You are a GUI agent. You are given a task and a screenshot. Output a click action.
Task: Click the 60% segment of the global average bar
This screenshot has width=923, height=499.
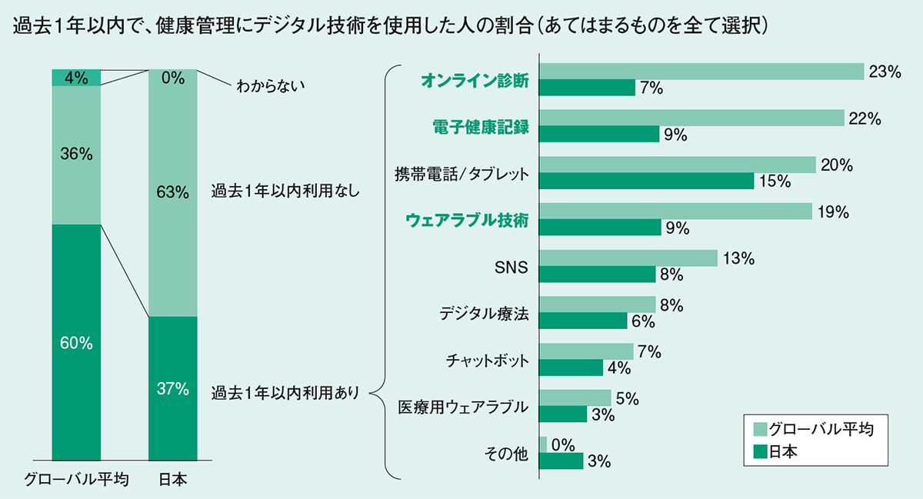76,342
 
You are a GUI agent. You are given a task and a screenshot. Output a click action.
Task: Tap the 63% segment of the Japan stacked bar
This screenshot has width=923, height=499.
172,192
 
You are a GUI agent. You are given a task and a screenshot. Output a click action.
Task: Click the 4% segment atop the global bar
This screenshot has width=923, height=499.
76,77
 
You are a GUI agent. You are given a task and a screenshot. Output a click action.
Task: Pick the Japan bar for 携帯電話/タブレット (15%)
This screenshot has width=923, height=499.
647,181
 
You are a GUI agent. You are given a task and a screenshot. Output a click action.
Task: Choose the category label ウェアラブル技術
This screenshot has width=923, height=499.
467,220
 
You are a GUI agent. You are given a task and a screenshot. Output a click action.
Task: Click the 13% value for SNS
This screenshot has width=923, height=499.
738,259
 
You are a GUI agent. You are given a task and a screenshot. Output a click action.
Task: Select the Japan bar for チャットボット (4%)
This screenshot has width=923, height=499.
571,368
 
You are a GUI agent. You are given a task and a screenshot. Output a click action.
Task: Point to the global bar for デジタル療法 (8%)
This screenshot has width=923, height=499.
598,305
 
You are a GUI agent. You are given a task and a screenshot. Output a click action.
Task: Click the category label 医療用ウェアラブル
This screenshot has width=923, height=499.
463,407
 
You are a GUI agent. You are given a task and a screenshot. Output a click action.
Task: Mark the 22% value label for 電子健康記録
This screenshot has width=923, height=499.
865,118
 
